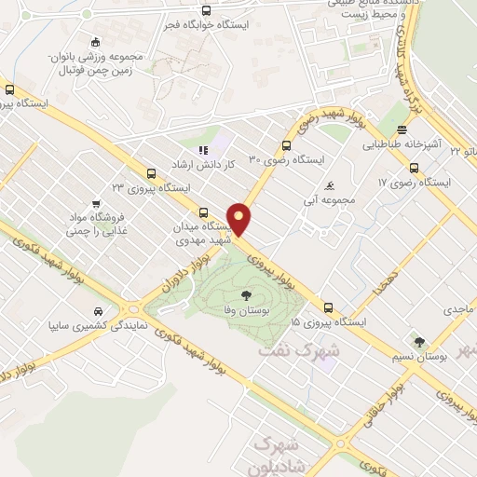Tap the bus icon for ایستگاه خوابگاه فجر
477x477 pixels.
tap(206, 11)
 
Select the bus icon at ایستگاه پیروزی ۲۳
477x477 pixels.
tap(151, 172)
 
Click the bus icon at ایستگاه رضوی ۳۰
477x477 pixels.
tap(287, 144)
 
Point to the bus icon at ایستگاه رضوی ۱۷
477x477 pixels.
tap(415, 169)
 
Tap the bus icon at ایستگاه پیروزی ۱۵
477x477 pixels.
tap(328, 307)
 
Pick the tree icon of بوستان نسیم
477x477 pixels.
tap(418, 342)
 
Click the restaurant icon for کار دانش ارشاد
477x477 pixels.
tap(202, 149)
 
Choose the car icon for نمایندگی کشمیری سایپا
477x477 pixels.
tap(98, 311)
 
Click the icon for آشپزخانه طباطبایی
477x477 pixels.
tap(402, 129)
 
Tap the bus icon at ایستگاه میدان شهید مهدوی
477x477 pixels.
tap(204, 212)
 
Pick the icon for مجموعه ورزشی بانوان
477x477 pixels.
tap(95, 43)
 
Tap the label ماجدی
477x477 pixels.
tap(459, 307)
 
